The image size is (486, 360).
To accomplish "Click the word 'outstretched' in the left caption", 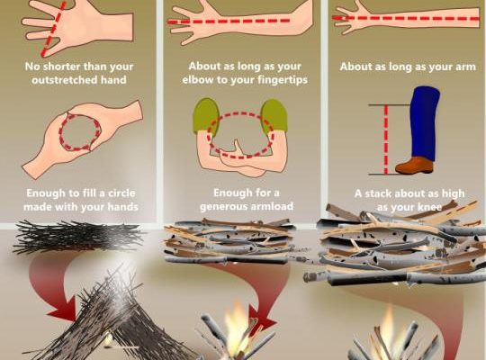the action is [64, 80].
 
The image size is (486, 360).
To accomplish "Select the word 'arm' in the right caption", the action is [464, 67].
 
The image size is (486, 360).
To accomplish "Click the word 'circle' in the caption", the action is [121, 193].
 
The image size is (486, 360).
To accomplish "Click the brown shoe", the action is [414, 165].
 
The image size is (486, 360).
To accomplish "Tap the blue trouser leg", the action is [425, 122].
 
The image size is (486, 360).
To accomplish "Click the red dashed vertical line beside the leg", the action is [386, 139].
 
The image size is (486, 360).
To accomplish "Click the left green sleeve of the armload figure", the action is [206, 115].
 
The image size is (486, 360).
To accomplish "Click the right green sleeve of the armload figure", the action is [274, 115].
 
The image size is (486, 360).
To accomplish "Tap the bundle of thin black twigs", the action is [77, 237].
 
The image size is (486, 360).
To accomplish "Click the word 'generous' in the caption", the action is [220, 206].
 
